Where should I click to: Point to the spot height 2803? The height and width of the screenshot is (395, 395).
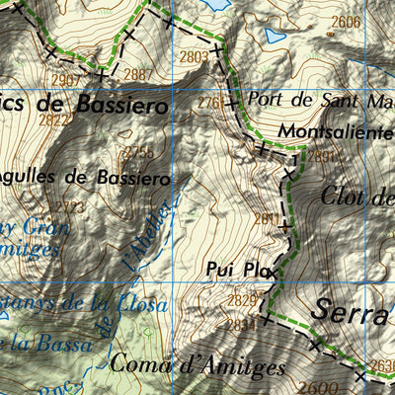[195, 58]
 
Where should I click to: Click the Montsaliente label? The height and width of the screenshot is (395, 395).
[336, 130]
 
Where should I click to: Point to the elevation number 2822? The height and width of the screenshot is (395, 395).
[54, 119]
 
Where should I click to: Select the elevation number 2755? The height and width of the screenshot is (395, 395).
[139, 152]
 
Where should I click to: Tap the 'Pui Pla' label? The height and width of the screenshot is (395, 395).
[239, 267]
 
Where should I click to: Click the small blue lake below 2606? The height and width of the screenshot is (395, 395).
[274, 38]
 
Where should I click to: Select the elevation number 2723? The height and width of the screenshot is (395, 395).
[70, 207]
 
